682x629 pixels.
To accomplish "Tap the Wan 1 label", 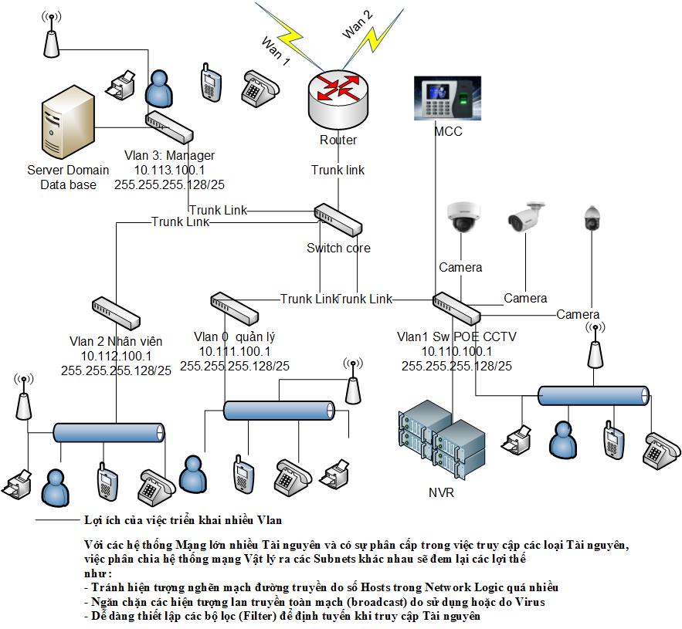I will point(276,52).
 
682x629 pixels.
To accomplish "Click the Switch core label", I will point(338,249).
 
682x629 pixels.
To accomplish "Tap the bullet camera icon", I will point(527,218).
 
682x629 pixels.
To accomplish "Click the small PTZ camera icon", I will point(592,218).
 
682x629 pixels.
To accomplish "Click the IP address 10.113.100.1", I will point(169,171).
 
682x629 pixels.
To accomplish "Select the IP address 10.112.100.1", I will point(116,356).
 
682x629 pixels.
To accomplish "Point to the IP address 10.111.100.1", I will point(234,351).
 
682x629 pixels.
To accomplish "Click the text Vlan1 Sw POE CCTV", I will point(456,336).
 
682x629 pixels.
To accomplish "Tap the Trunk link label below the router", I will point(338,170).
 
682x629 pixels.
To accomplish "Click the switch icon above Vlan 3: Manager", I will point(167,123).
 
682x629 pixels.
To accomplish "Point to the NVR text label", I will point(441,492).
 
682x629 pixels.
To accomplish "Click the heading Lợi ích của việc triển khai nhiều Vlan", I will point(183,520).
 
